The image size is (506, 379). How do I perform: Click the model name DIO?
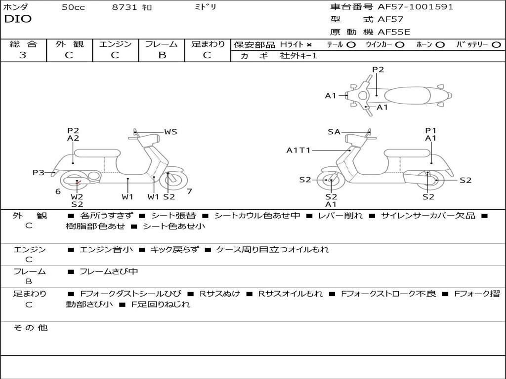(x=18, y=19)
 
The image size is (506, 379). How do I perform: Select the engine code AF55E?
(x=394, y=32)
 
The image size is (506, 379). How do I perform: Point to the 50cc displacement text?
(x=73, y=7)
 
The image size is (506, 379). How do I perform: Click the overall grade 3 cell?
(x=23, y=55)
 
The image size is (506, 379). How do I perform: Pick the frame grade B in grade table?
(x=162, y=55)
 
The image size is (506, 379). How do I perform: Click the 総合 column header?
(x=23, y=44)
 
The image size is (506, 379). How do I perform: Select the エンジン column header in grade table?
(x=115, y=44)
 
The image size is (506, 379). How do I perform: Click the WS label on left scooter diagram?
(x=170, y=132)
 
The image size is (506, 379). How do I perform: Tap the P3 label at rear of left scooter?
(x=39, y=172)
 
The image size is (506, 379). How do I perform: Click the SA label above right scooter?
(x=334, y=132)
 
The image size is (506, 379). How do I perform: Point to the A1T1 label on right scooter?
(x=298, y=150)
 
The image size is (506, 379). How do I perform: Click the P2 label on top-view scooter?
(x=378, y=70)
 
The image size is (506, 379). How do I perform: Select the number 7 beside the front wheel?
(x=189, y=191)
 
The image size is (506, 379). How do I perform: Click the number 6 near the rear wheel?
(x=58, y=191)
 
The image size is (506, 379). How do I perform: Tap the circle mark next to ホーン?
(x=440, y=44)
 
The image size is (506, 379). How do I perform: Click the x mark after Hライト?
(x=309, y=44)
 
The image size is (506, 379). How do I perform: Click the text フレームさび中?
(x=109, y=271)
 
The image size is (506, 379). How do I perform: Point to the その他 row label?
(x=30, y=328)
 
